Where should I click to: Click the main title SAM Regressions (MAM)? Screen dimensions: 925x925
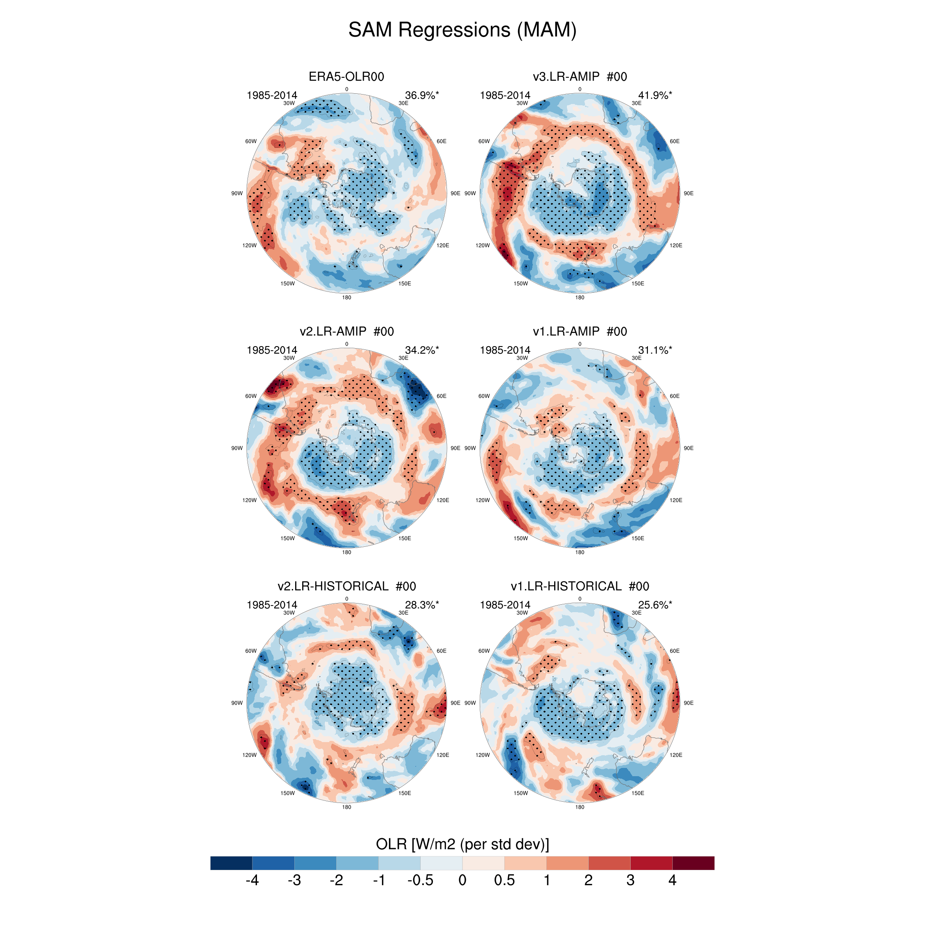(x=462, y=30)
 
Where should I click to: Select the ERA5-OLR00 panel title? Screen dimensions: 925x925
(x=346, y=76)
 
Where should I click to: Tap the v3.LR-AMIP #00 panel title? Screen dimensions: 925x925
(x=579, y=76)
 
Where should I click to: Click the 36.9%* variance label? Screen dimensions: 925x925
(x=421, y=95)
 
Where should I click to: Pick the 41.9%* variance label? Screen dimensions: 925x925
(x=654, y=95)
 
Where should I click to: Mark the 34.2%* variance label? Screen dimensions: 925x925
(x=421, y=350)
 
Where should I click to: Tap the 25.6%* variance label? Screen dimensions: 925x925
(x=654, y=605)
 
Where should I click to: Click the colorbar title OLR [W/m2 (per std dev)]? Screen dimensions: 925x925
(x=462, y=844)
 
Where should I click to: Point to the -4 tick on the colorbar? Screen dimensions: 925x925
(x=252, y=880)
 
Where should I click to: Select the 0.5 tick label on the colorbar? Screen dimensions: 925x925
(x=504, y=880)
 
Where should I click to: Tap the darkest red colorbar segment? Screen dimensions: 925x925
(x=693, y=863)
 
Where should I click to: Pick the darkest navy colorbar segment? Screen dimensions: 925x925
(x=231, y=863)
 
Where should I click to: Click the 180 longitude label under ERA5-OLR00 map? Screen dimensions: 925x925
(x=346, y=297)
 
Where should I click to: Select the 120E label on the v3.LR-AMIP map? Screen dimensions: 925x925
(x=675, y=245)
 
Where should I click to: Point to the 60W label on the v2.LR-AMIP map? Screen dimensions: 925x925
(x=251, y=396)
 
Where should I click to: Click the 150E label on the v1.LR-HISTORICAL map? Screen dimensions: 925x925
(x=637, y=793)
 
